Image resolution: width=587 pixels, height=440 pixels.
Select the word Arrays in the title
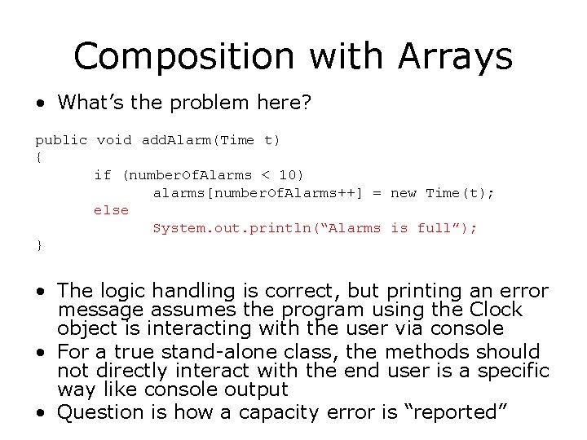(x=455, y=57)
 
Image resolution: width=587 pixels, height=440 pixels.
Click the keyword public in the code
(x=60, y=140)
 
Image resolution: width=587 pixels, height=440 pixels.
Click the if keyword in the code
(x=103, y=175)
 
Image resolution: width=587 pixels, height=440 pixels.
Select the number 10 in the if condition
(x=288, y=175)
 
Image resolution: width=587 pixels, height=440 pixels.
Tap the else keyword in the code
(x=111, y=210)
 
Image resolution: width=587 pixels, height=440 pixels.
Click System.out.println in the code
(x=228, y=228)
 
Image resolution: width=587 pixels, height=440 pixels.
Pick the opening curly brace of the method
(x=38, y=157)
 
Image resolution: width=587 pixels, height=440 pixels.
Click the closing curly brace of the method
(x=38, y=245)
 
